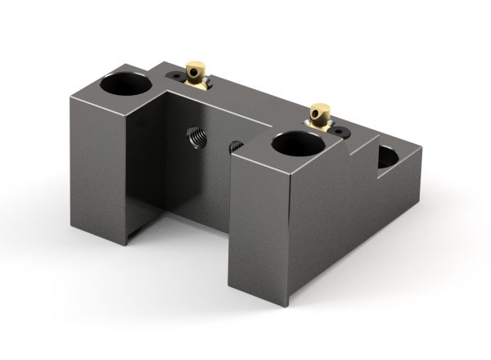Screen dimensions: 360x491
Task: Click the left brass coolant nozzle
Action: click(x=196, y=74)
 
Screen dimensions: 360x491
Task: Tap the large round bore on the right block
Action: click(x=295, y=145)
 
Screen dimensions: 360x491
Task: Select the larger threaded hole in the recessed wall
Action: click(x=196, y=136)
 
